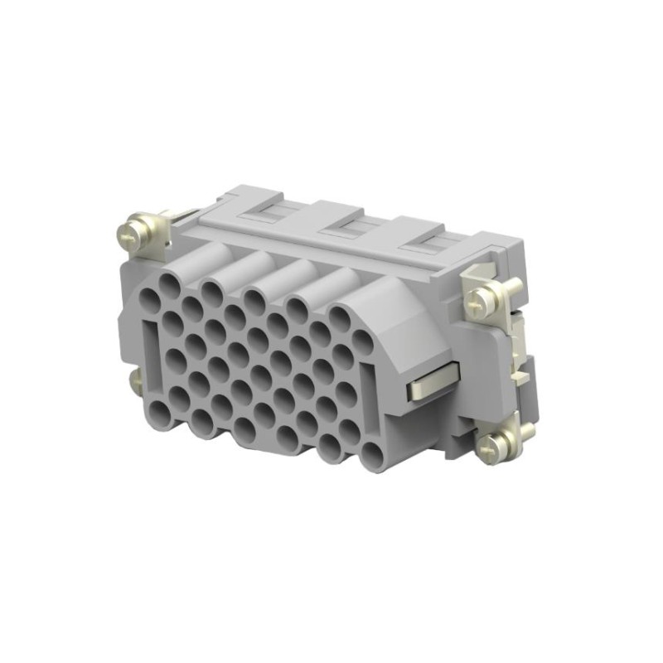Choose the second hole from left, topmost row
[211, 294]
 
